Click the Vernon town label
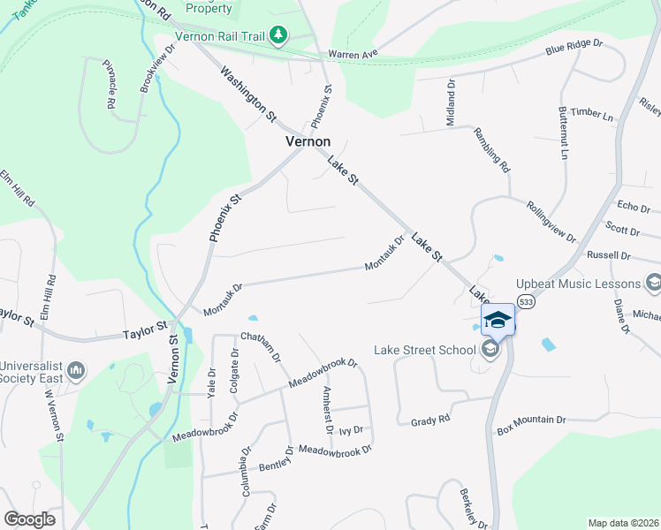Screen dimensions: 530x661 click(308, 141)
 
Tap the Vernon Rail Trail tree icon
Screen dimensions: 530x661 click(279, 34)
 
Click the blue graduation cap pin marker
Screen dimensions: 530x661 click(498, 319)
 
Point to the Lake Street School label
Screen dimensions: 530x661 click(424, 350)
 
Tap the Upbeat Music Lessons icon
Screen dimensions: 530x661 click(654, 284)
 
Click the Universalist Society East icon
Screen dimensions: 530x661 click(75, 368)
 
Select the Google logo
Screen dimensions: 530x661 click(29, 519)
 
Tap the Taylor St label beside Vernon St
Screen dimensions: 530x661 click(144, 332)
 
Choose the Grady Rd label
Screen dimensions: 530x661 click(430, 421)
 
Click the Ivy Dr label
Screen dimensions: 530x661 click(352, 431)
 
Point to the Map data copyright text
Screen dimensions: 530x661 click(622, 523)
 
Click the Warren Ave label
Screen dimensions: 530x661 click(353, 54)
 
